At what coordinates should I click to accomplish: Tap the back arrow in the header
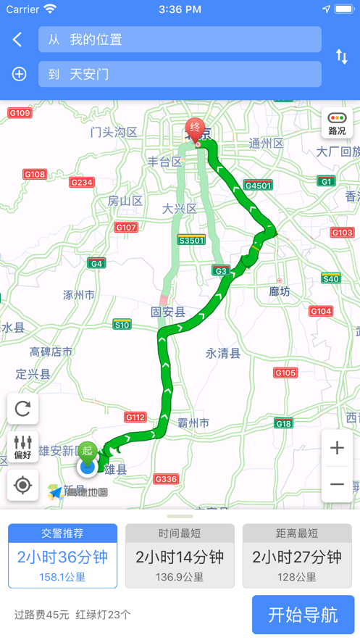tap(17, 40)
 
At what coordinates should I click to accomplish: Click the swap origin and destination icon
tap(341, 57)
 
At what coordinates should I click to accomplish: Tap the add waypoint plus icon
tap(19, 74)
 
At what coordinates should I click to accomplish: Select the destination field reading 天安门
tap(180, 74)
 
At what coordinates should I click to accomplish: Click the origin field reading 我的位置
tap(180, 40)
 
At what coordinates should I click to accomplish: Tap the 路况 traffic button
tap(337, 123)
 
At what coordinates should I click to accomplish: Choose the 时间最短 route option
tap(180, 556)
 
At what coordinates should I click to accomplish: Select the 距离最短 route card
tap(296, 556)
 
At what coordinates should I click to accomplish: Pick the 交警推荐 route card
tap(63, 556)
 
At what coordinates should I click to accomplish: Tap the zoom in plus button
tap(337, 448)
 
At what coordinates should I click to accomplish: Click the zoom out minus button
tap(337, 484)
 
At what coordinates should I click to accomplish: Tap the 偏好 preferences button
tap(22, 446)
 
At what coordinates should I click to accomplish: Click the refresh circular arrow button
tap(22, 409)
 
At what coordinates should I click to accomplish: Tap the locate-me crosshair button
tap(22, 485)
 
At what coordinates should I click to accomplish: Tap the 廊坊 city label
tap(280, 291)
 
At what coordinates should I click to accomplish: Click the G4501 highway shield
tap(258, 186)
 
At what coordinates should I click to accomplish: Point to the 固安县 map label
tap(168, 312)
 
